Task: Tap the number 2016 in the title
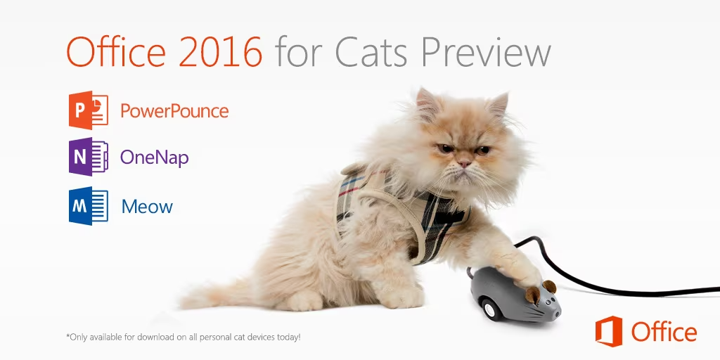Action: point(221,51)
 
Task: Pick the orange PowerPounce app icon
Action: point(88,110)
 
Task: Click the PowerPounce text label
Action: point(174,110)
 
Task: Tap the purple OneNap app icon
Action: point(88,157)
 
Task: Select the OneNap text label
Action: point(154,158)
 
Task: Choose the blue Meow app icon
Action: point(88,206)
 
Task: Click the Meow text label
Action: point(147,207)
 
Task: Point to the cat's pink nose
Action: point(464,162)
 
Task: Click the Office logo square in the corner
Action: point(609,331)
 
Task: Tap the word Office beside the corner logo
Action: point(664,332)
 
